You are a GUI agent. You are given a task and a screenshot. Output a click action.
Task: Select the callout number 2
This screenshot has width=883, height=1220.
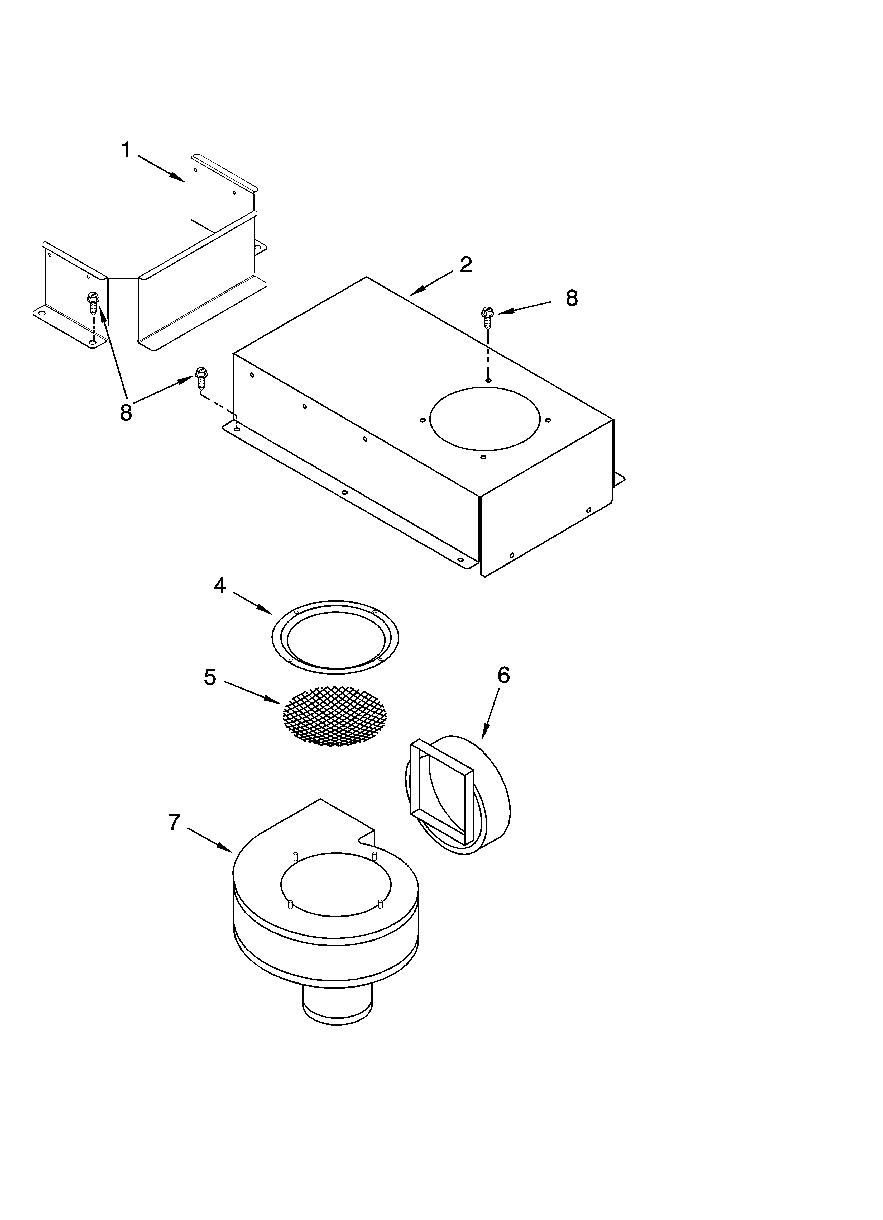coord(466,265)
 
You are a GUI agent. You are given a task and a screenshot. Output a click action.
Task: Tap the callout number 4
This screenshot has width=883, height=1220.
coord(219,586)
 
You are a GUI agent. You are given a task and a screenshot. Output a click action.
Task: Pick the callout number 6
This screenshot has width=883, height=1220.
coord(503,675)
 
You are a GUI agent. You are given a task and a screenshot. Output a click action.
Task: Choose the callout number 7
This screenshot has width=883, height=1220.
coord(174,822)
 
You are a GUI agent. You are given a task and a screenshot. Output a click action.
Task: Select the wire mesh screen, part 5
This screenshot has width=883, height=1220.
coord(334,715)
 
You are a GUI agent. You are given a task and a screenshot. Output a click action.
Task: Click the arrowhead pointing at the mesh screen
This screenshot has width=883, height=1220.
coord(274,700)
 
